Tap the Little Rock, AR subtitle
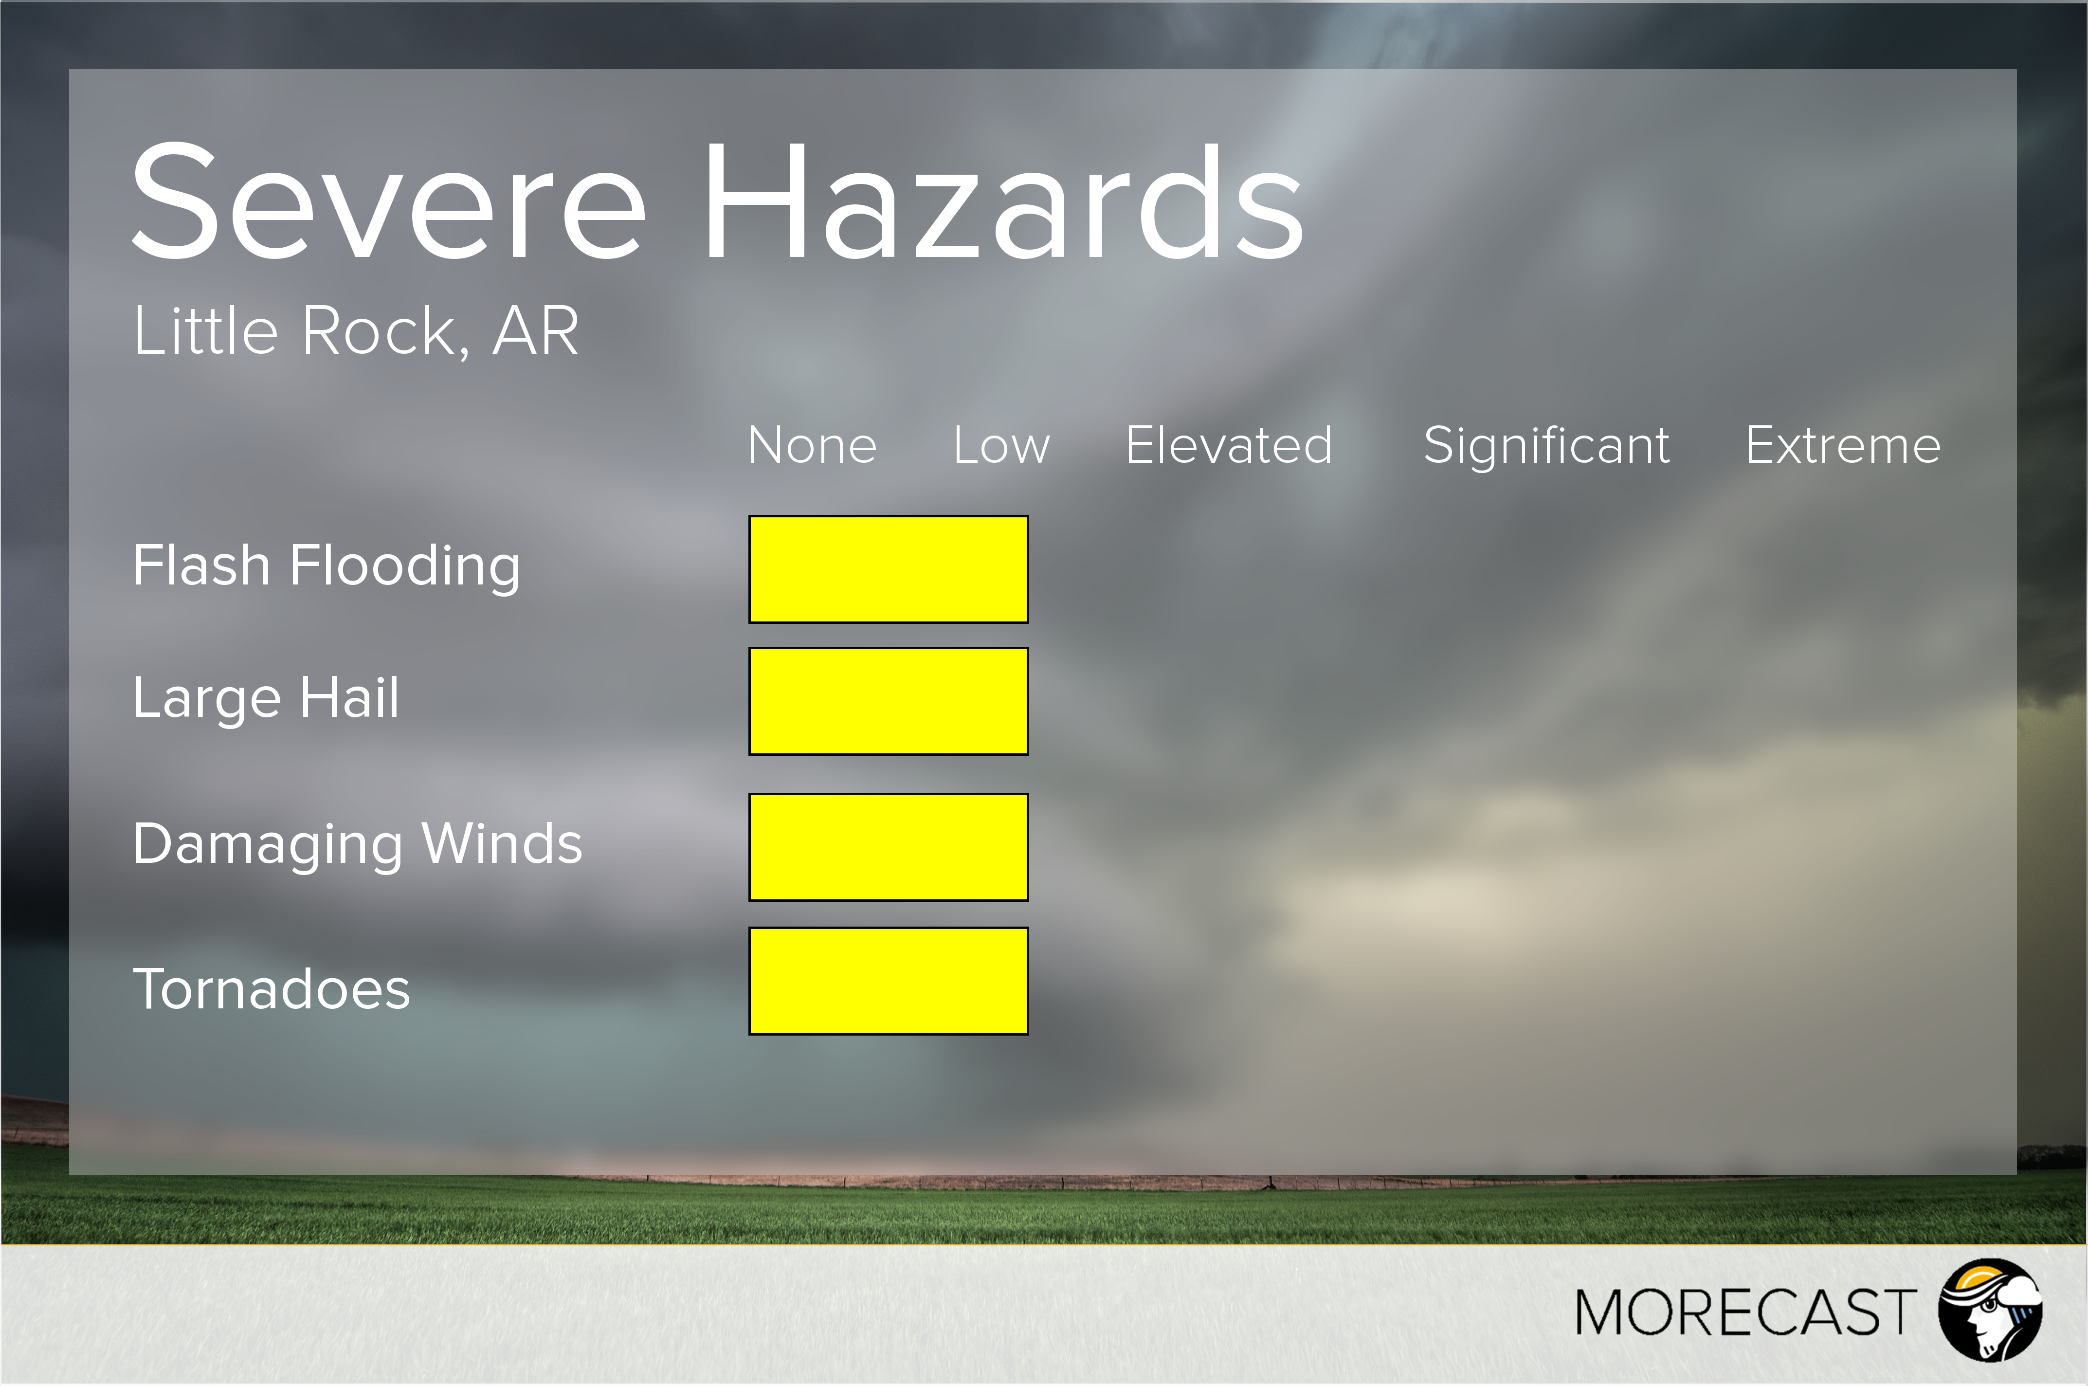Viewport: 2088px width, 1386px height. click(356, 331)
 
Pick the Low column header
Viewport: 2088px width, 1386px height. click(1001, 445)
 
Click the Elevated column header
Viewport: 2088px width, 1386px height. click(1228, 445)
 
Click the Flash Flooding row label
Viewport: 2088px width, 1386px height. click(327, 566)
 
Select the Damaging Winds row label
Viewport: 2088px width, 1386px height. click(358, 845)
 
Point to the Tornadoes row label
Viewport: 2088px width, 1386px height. click(271, 988)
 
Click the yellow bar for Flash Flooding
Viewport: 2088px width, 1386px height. click(888, 569)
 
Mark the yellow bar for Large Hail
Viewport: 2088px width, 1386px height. click(888, 701)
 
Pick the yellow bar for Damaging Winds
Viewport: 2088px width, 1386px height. click(888, 847)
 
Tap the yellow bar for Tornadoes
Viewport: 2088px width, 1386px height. click(888, 980)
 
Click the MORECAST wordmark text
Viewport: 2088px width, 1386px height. click(1745, 1313)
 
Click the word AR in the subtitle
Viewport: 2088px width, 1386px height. click(535, 331)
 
